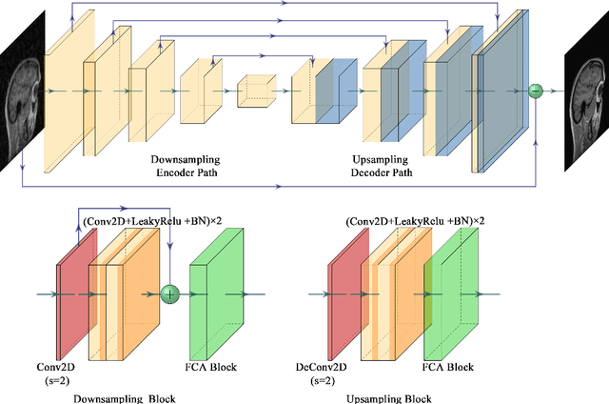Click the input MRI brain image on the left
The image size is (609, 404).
tap(21, 92)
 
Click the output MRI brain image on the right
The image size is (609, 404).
tap(585, 92)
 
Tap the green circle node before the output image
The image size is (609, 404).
tap(535, 91)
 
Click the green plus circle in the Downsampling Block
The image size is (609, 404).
tap(170, 294)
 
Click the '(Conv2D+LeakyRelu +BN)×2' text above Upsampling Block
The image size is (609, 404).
tap(416, 221)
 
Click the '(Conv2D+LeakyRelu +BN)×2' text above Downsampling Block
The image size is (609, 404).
tap(151, 221)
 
